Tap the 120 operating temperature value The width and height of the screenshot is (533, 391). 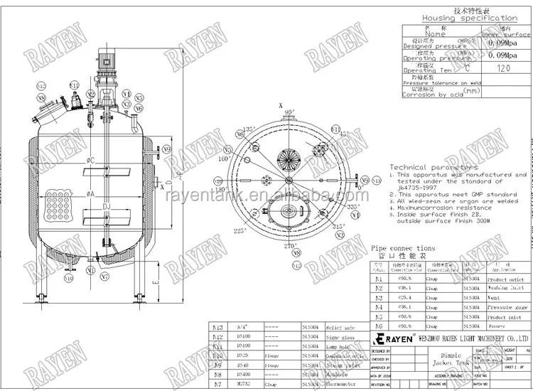click(x=504, y=68)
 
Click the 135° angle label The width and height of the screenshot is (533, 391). click(x=249, y=129)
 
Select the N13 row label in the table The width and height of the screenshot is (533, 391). click(x=218, y=326)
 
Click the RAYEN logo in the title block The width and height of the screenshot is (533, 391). click(x=395, y=338)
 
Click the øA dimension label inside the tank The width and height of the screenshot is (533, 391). click(x=91, y=193)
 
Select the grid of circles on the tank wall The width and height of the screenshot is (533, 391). click(x=56, y=203)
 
